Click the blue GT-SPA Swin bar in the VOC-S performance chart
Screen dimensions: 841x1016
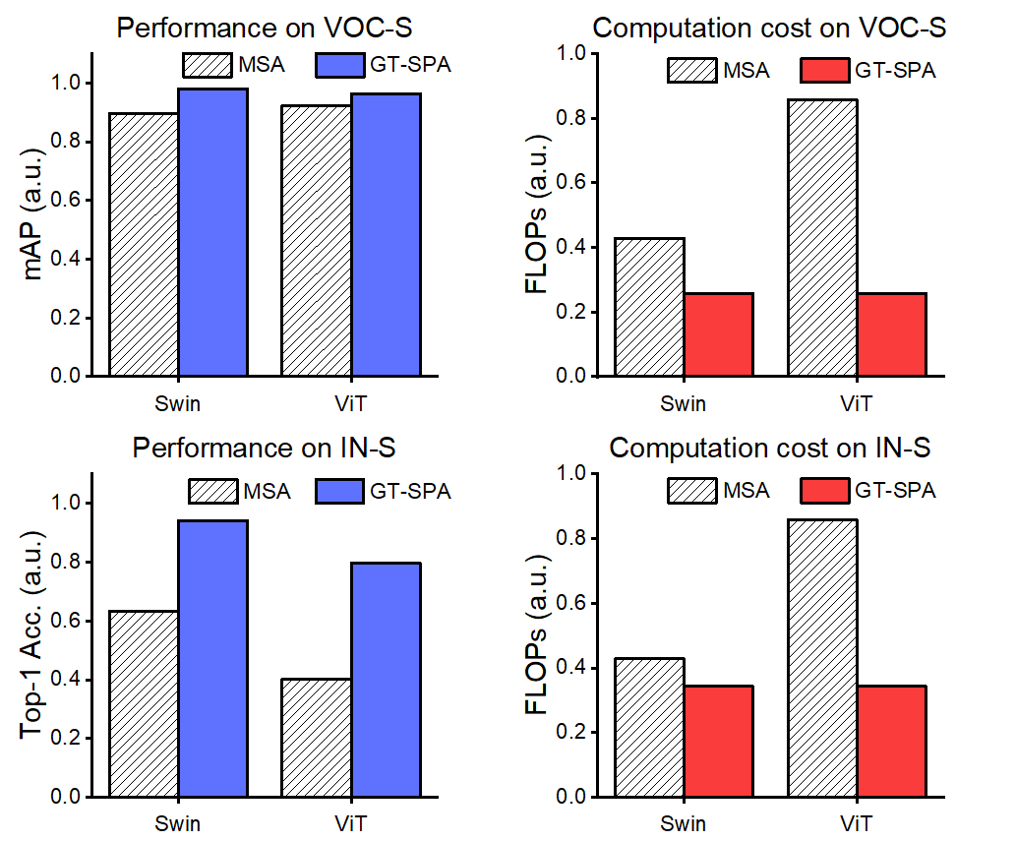212,232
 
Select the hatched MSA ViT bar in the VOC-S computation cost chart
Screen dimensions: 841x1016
822,238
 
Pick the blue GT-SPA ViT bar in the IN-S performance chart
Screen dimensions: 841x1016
386,680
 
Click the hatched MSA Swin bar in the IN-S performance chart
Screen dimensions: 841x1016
144,703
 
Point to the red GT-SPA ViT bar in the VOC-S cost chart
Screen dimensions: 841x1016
891,334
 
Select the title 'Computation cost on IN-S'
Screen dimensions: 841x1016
770,449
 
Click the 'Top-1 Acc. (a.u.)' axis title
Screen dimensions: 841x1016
36,634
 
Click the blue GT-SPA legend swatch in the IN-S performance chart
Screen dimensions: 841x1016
342,490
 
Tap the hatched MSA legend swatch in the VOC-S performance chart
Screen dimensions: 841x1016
207,66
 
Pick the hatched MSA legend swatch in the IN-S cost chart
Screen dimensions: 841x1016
693,490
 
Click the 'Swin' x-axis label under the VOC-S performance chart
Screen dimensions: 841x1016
178,402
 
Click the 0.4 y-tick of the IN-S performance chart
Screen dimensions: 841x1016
71,680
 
